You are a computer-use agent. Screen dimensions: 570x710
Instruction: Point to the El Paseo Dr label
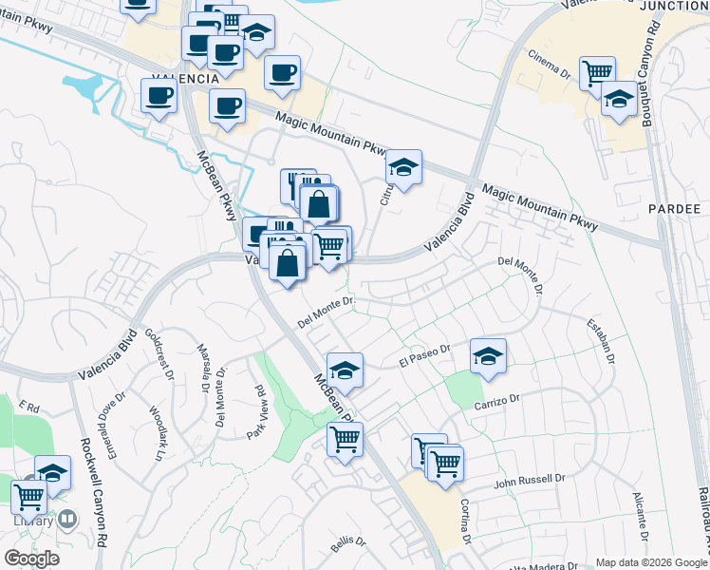pos(424,354)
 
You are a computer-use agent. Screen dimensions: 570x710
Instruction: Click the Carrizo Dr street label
pos(497,403)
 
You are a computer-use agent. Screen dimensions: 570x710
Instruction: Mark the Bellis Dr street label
pos(348,541)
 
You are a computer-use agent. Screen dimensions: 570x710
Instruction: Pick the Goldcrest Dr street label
pos(159,353)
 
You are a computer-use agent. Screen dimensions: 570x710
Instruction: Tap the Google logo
pos(30,559)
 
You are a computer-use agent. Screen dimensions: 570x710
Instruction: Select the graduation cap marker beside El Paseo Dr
pos(488,356)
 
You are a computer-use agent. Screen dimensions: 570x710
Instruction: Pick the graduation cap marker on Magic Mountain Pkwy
pos(403,167)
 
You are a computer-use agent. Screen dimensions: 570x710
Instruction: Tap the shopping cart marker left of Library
pos(29,495)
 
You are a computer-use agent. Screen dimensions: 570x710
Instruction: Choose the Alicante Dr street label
pos(641,514)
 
